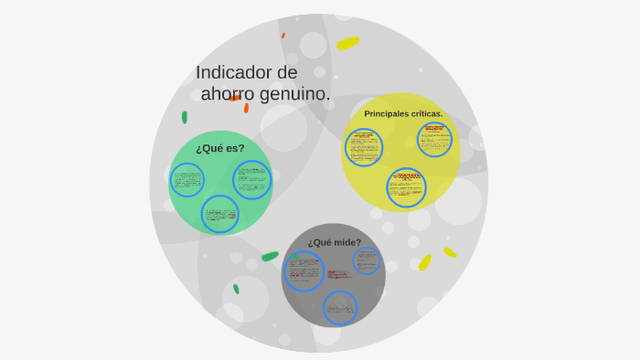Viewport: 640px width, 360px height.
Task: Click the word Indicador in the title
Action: click(x=234, y=72)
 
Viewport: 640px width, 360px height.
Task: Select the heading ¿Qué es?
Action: click(x=219, y=148)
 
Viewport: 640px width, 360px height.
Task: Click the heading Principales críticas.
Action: click(x=403, y=114)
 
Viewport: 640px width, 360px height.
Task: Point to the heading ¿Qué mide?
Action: click(x=334, y=242)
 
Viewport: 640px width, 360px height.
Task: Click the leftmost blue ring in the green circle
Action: click(x=188, y=180)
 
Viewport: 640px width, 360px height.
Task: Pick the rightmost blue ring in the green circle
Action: click(x=251, y=180)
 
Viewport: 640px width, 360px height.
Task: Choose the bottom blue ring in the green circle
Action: click(x=220, y=214)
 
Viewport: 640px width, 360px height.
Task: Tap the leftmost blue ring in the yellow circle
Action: click(x=364, y=147)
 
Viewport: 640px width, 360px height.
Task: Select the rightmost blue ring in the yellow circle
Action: click(x=434, y=140)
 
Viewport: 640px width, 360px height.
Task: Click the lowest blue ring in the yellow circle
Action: click(x=406, y=186)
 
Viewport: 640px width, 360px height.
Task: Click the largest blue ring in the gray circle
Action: click(x=304, y=270)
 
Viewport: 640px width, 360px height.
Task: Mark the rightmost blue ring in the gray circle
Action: click(x=367, y=260)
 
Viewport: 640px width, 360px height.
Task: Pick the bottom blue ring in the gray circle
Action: click(x=340, y=307)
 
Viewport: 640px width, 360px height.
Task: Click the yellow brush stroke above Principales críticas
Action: click(x=347, y=43)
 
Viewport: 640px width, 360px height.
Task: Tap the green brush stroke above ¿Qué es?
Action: click(x=185, y=117)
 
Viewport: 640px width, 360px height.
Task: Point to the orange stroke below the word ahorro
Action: click(x=246, y=108)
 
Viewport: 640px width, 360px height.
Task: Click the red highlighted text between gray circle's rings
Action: click(x=337, y=273)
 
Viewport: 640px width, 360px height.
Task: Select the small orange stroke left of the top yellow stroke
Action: click(x=283, y=36)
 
